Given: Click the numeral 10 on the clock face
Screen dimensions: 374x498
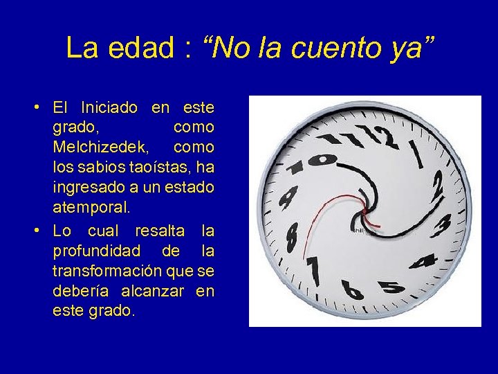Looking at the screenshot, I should pyautogui.click(x=311, y=162).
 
